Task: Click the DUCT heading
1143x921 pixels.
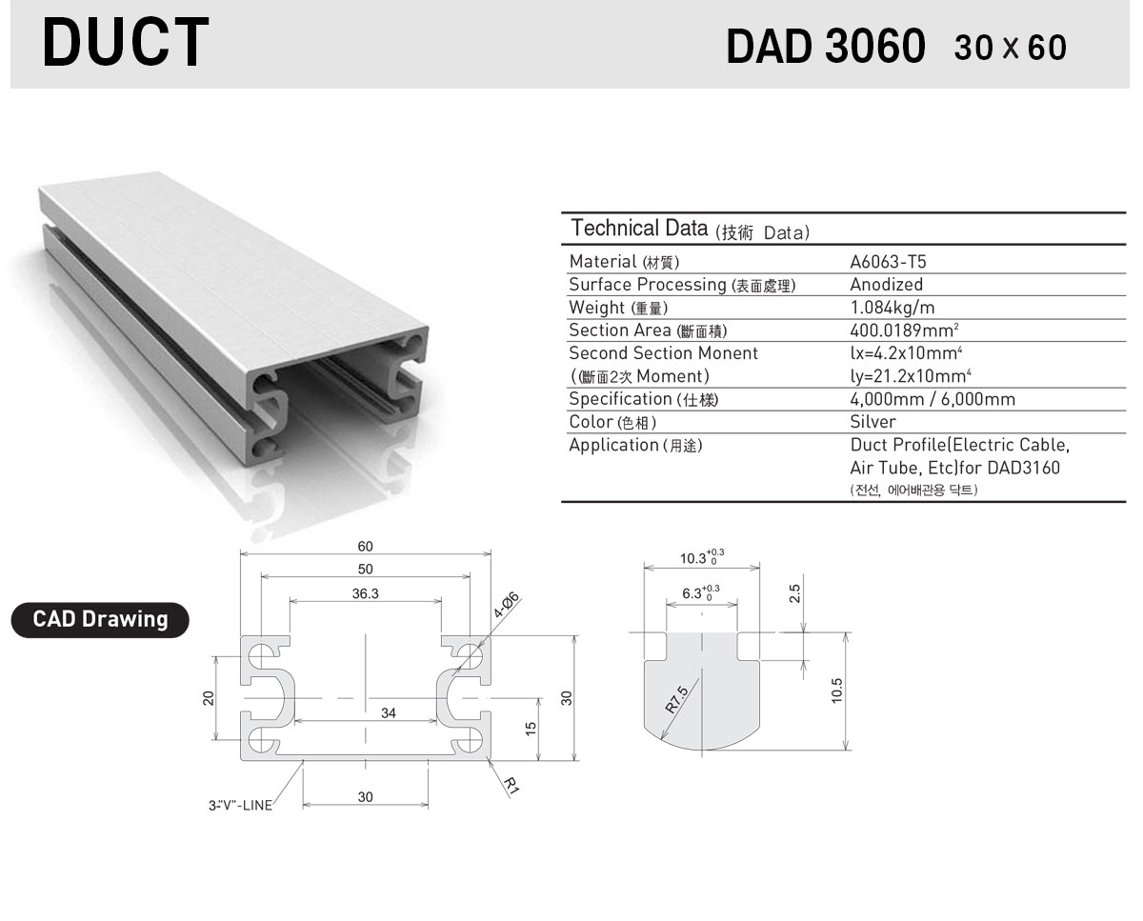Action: [x=126, y=42]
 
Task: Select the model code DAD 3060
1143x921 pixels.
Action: [x=826, y=47]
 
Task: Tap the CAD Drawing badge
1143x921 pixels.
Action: [x=100, y=619]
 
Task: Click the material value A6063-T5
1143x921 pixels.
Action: [x=888, y=262]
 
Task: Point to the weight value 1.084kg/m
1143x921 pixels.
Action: [x=892, y=308]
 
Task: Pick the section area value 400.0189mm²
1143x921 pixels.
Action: [x=904, y=330]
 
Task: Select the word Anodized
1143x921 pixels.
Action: [x=886, y=285]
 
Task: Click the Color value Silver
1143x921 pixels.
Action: [x=872, y=422]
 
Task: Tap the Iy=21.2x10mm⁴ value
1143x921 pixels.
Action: [x=911, y=376]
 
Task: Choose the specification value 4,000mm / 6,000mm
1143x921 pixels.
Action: [x=932, y=399]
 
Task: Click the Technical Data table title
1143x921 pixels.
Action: [x=690, y=229]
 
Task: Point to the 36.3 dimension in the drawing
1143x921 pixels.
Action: [x=366, y=593]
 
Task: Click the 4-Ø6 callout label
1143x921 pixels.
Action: [x=506, y=605]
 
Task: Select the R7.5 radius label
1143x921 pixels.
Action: [x=676, y=699]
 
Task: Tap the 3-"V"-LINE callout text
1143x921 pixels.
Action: [x=240, y=805]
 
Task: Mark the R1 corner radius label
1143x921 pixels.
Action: [x=511, y=786]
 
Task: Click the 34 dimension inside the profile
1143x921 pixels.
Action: [x=389, y=712]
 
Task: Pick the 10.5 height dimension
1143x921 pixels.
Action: [x=836, y=691]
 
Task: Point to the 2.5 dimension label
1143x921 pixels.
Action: [x=794, y=593]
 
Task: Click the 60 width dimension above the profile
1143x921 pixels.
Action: [x=366, y=546]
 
